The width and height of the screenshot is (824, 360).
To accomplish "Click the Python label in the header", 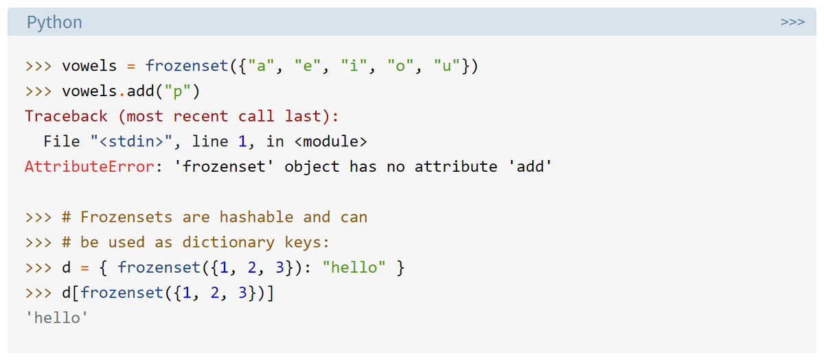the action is pos(54,23).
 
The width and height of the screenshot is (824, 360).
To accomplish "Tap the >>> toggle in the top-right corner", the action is pos(792,23).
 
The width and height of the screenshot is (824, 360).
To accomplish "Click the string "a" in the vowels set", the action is pos(262,67).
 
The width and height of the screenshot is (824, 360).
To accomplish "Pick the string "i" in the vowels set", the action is pos(356,67).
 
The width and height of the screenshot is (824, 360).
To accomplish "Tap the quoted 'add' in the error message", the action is pos(529,166).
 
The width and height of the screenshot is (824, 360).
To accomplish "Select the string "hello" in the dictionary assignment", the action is pos(354,267).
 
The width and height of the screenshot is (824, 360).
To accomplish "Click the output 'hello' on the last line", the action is pos(56,317).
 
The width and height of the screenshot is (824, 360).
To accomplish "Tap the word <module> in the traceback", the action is pos(330,142).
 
